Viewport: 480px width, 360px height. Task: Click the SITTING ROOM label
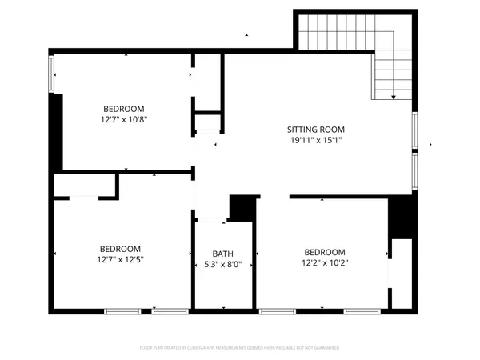coord(315,129)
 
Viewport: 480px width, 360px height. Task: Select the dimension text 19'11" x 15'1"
coord(315,140)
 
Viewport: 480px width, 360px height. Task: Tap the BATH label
coord(223,254)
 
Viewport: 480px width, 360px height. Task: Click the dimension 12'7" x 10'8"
coord(124,119)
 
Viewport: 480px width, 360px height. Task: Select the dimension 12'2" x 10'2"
coord(325,262)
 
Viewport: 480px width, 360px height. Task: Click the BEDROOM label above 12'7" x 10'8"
coord(124,109)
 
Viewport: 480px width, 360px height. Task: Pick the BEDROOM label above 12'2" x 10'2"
coord(325,251)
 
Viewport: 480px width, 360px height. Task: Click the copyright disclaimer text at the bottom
coord(239,348)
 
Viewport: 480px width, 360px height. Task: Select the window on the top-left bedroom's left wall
coord(53,74)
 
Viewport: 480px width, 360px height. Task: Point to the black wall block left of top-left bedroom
coord(56,132)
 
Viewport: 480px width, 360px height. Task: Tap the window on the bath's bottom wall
coord(224,310)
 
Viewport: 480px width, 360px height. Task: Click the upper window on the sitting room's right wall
coord(414,130)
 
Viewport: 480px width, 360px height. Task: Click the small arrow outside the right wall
coord(433,146)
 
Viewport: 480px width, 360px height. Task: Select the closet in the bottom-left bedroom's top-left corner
coord(85,186)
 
